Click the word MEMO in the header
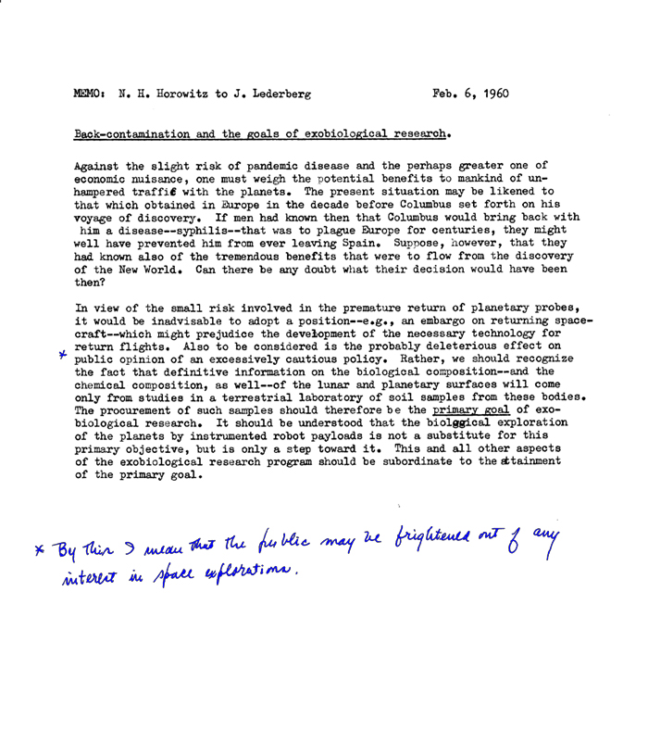click(x=90, y=95)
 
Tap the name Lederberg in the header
click(x=268, y=95)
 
